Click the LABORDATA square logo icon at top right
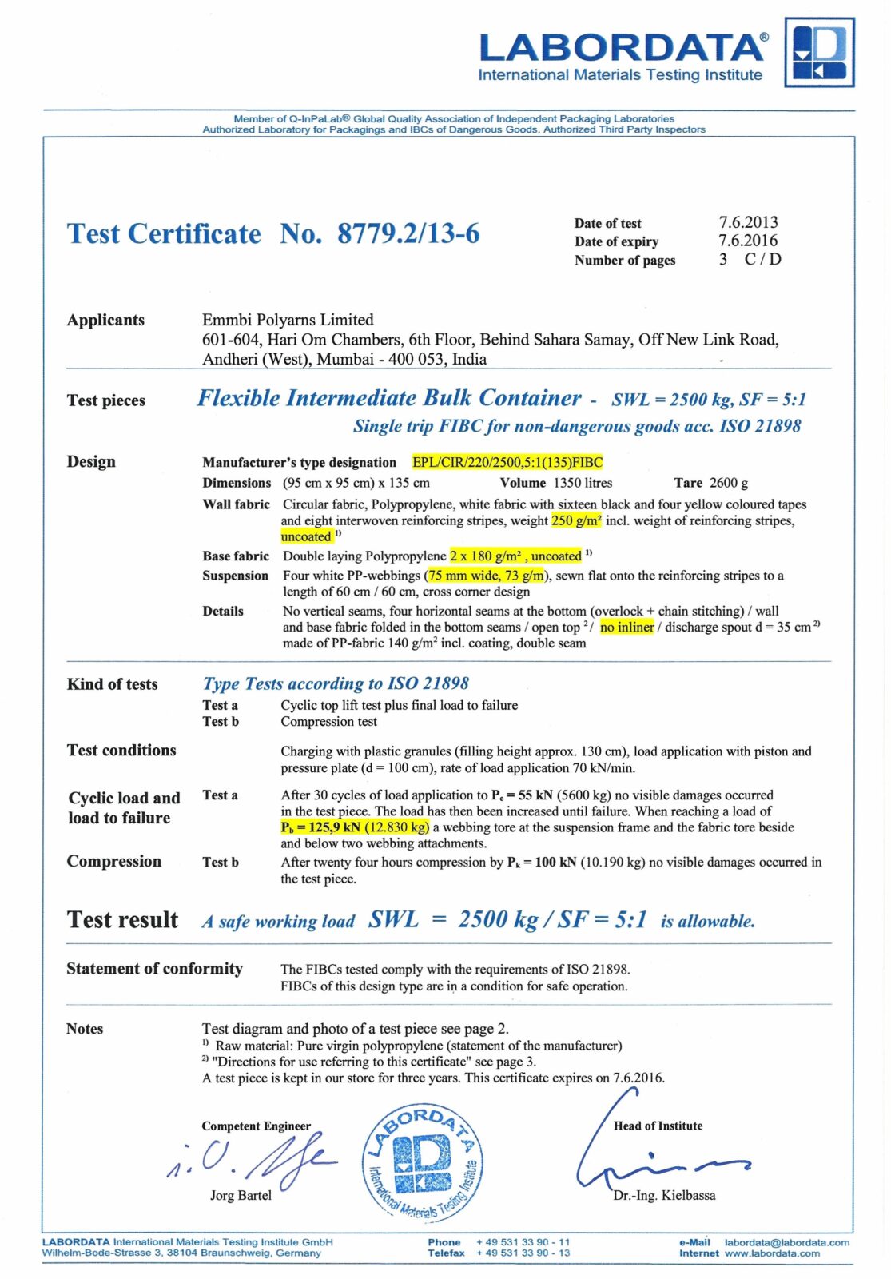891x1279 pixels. click(819, 52)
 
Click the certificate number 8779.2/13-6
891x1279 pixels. click(408, 233)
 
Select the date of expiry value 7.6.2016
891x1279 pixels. click(747, 241)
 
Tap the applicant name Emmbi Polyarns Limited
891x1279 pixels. click(288, 320)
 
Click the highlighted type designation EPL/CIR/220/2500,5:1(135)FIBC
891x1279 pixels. click(507, 462)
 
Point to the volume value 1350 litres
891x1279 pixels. click(583, 483)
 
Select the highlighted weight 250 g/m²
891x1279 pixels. click(576, 520)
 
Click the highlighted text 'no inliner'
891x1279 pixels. click(626, 627)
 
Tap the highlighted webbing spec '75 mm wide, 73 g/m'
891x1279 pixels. click(487, 576)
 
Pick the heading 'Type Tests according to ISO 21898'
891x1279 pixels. click(336, 683)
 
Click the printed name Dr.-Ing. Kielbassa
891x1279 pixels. click(664, 1195)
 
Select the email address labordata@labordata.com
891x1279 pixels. click(786, 1242)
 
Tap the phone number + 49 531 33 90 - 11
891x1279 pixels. click(523, 1242)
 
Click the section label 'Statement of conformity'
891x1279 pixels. click(154, 969)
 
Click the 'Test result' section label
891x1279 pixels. click(122, 920)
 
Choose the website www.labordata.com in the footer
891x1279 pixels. click(772, 1253)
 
